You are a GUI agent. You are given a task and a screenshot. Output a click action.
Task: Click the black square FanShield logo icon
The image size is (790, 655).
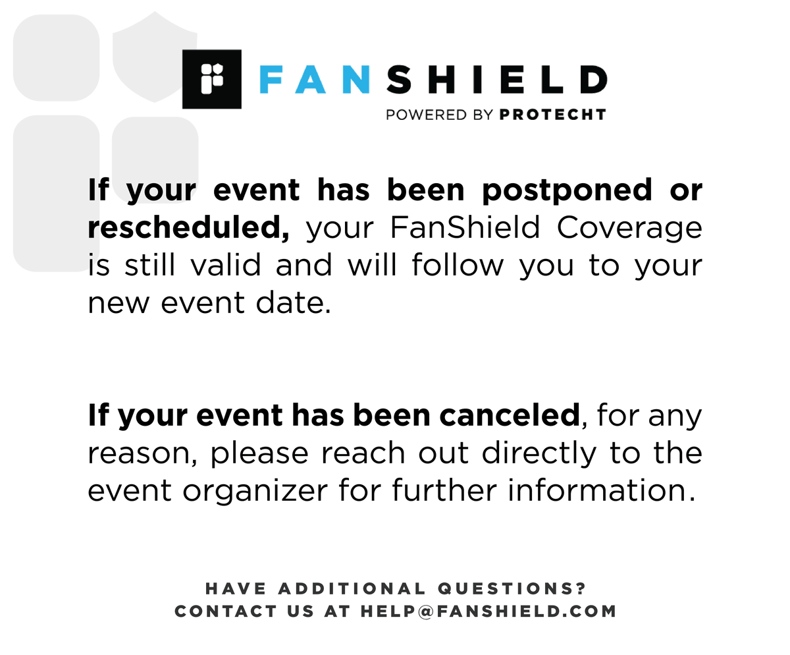point(211,79)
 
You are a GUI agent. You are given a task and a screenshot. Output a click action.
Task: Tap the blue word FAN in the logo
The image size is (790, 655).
point(313,80)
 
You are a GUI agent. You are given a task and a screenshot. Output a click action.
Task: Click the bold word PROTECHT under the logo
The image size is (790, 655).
point(552,115)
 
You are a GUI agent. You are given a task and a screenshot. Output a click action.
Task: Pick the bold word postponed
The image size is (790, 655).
point(567,191)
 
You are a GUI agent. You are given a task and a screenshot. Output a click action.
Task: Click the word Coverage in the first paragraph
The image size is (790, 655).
point(629,228)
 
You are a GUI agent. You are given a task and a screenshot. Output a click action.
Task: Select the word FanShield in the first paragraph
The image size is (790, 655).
point(465,228)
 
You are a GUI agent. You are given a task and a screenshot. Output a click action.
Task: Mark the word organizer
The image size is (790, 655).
point(254,491)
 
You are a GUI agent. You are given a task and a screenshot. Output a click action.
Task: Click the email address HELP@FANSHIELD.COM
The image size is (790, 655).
point(488,611)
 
